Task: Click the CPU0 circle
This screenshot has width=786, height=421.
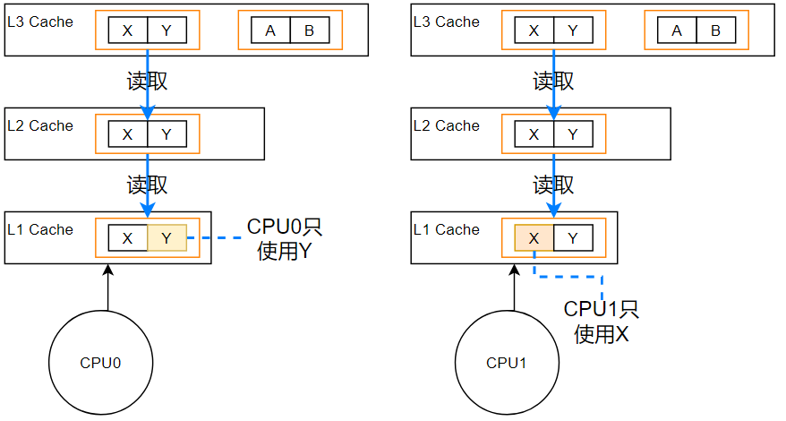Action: click(x=101, y=363)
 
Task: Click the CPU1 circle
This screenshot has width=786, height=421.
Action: click(x=508, y=363)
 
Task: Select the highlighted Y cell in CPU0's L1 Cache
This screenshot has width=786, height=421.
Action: click(x=167, y=237)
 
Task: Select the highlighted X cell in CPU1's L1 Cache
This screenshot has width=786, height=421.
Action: click(x=534, y=237)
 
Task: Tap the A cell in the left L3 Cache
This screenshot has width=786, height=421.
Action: click(x=270, y=30)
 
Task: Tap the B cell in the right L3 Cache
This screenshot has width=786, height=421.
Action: click(x=716, y=30)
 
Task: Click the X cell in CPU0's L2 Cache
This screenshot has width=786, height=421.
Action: click(x=127, y=134)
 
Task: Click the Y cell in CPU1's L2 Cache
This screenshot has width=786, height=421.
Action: click(x=573, y=134)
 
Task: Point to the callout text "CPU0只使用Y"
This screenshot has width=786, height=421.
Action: click(x=284, y=238)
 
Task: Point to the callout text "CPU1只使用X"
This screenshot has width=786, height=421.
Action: click(x=601, y=322)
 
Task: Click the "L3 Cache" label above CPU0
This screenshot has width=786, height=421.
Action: click(x=39, y=21)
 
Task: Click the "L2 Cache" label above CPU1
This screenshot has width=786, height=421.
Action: click(x=446, y=125)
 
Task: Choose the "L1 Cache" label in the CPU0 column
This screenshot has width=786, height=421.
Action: click(x=39, y=229)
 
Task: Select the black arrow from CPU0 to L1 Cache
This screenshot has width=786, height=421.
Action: click(x=107, y=288)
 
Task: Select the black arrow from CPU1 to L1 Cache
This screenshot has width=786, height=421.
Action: click(x=514, y=288)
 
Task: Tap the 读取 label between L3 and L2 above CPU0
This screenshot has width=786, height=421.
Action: click(x=147, y=82)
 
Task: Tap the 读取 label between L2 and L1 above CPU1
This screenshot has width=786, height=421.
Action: click(x=553, y=185)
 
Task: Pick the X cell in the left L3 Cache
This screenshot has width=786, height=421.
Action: click(x=127, y=30)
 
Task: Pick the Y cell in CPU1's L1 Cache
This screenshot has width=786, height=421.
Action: click(x=573, y=237)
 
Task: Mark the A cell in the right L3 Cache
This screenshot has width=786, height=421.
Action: click(x=677, y=30)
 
